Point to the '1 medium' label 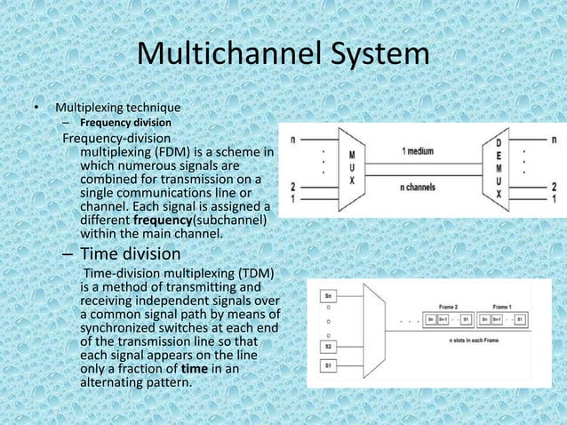click(x=418, y=151)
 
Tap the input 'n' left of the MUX click(x=294, y=139)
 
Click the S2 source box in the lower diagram click(x=330, y=347)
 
